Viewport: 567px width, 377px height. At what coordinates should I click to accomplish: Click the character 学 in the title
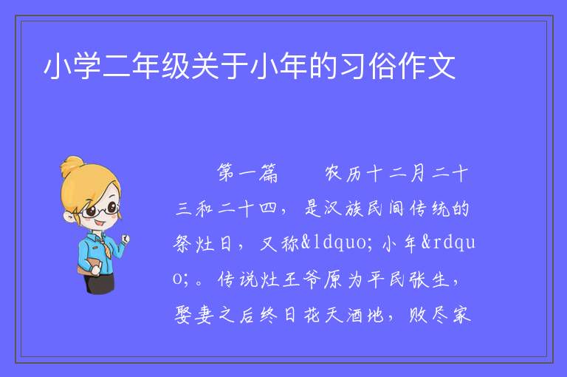[87, 66]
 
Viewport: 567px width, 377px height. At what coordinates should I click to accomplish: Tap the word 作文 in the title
[426, 66]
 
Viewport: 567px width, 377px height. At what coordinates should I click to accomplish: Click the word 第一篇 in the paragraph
[247, 173]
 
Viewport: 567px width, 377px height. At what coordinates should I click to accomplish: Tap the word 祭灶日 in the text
[202, 243]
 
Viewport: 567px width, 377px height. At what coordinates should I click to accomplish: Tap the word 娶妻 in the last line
[194, 314]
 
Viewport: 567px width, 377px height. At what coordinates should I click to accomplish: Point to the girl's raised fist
[126, 239]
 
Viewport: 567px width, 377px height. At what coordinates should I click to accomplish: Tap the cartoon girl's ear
[69, 217]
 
